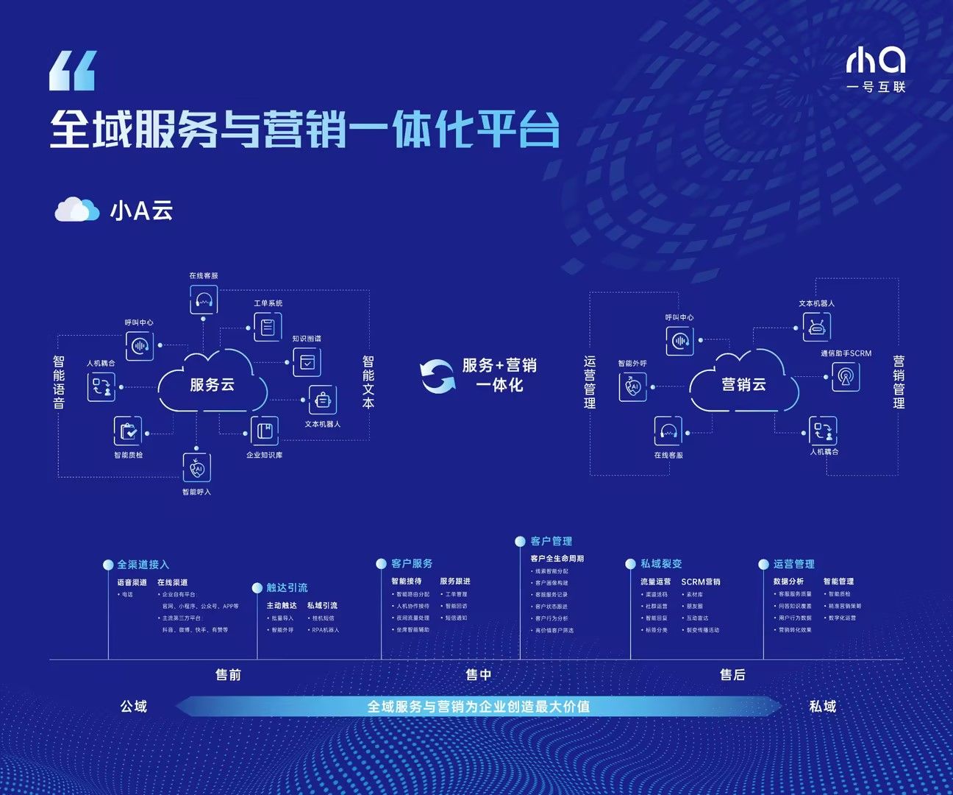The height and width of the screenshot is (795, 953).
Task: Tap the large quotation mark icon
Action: click(x=72, y=71)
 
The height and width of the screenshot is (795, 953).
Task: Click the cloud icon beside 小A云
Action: click(x=76, y=210)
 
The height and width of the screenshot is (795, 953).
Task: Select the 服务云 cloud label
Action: click(x=212, y=384)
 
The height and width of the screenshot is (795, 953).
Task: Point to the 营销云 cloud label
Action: click(x=743, y=384)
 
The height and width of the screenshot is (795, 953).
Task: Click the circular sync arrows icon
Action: click(x=437, y=375)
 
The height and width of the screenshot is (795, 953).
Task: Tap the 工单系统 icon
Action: click(x=268, y=326)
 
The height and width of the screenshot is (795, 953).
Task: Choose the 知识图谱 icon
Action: click(x=307, y=362)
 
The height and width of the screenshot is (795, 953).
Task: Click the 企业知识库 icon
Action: click(x=264, y=431)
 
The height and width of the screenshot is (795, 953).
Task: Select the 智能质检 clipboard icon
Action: click(x=128, y=431)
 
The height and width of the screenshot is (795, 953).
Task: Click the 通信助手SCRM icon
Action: click(x=846, y=377)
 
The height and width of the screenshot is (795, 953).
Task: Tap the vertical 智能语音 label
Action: click(x=59, y=383)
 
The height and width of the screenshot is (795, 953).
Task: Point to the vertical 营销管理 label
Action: click(x=899, y=383)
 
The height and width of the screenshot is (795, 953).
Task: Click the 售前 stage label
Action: click(x=228, y=675)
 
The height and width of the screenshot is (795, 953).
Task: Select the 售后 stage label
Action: click(x=732, y=675)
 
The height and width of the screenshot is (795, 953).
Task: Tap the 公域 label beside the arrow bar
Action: click(x=134, y=707)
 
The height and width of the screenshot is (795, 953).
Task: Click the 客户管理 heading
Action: click(x=551, y=541)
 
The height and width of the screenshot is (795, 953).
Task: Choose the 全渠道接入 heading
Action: click(x=143, y=565)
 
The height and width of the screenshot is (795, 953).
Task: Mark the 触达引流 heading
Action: click(x=287, y=587)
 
